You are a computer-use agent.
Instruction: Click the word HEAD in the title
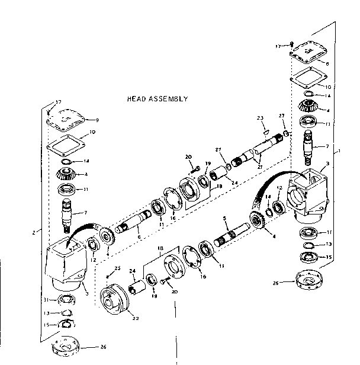click(138, 99)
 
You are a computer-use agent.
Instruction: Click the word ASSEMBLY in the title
click(169, 99)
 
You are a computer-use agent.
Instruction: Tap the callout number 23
click(259, 118)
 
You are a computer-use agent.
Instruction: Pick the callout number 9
click(97, 120)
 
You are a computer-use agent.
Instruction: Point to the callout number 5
click(225, 217)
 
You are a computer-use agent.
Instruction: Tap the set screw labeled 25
click(106, 276)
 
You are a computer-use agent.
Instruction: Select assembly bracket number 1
click(339, 151)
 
